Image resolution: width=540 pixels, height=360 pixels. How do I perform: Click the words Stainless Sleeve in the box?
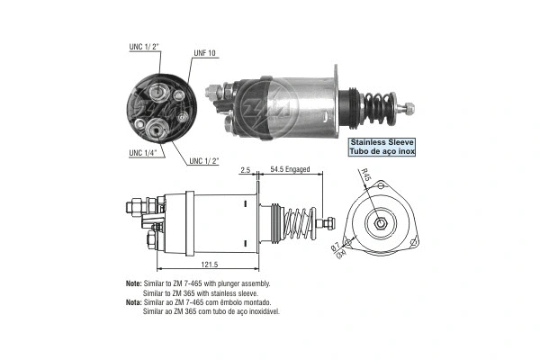(x=382, y=141)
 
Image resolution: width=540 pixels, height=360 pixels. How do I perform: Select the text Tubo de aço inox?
(x=382, y=151)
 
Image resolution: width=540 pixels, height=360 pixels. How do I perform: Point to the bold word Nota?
(x=135, y=304)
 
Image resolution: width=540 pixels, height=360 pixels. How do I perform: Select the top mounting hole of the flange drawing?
(x=382, y=185)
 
